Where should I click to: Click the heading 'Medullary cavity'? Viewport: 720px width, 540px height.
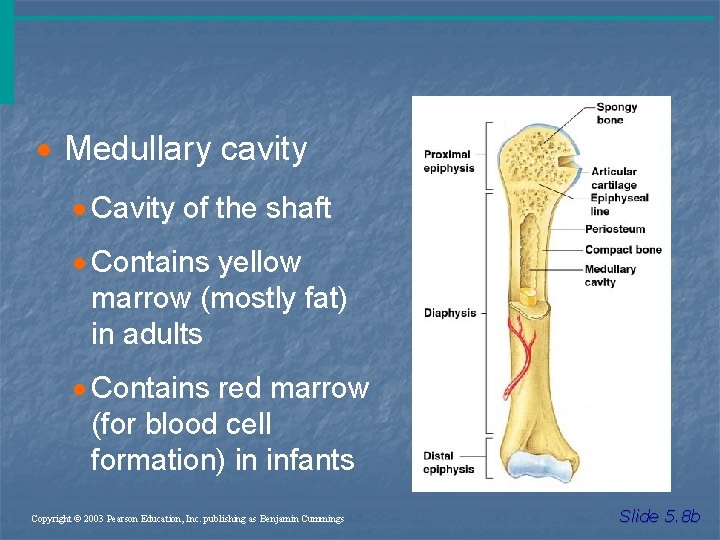185,150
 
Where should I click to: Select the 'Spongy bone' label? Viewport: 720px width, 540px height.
610,113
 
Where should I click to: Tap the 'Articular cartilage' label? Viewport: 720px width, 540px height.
613,178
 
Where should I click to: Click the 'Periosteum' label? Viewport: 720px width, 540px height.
615,229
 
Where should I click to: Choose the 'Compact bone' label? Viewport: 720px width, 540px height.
623,250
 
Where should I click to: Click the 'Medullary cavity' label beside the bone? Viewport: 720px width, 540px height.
610,276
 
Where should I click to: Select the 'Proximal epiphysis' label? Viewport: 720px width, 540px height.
449,161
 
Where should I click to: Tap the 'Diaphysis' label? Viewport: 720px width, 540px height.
450,313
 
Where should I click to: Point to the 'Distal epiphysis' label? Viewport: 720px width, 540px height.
447,463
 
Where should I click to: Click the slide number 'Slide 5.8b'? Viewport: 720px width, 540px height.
660,517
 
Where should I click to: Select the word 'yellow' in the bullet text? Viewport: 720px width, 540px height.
260,263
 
